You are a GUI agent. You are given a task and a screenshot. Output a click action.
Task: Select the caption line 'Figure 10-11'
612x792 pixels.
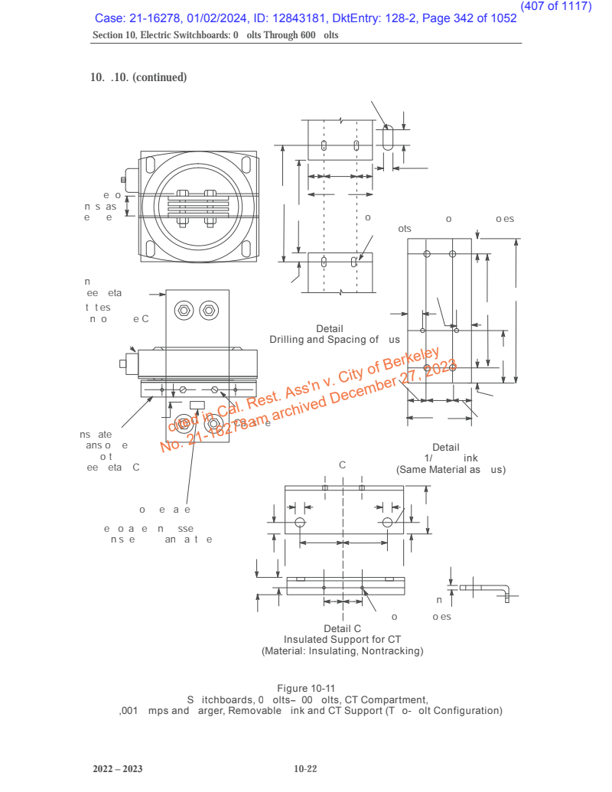307,689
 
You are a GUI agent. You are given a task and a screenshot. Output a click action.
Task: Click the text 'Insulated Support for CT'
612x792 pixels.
342,640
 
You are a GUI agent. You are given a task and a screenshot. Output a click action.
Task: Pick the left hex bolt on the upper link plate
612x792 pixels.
184,311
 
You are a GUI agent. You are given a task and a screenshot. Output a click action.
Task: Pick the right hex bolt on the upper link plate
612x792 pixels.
208,311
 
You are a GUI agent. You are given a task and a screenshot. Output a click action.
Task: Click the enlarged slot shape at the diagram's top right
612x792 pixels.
389,139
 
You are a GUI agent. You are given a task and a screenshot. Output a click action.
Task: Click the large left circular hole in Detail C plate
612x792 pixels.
300,522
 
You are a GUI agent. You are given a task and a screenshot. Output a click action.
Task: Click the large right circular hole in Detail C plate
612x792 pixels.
388,522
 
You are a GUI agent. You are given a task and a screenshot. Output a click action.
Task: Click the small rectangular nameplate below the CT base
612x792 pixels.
197,405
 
